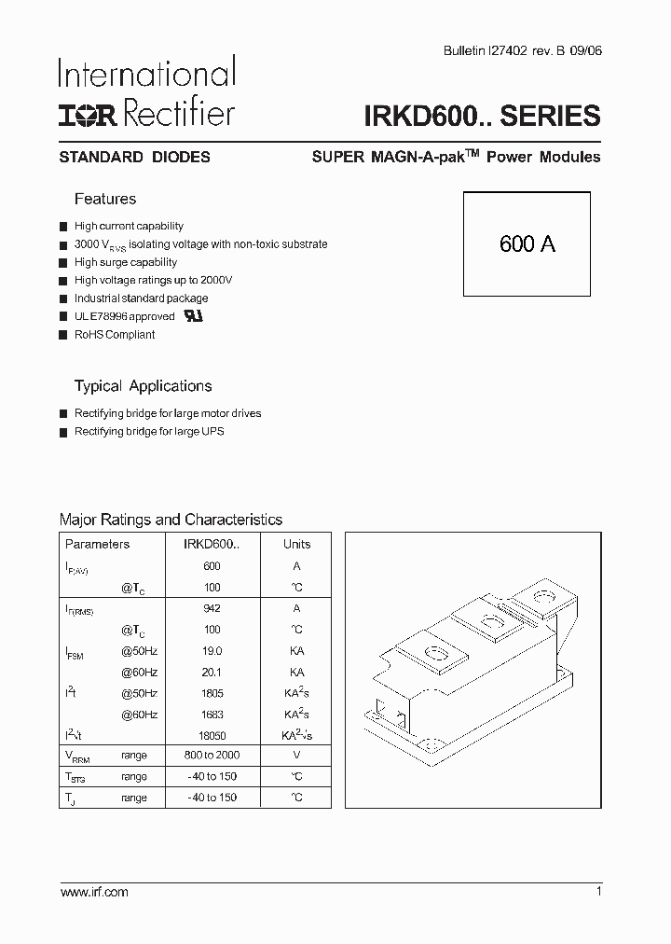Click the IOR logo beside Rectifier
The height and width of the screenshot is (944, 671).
(x=89, y=114)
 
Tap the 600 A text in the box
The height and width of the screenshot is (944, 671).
(x=527, y=244)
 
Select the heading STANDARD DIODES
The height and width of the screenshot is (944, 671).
(x=134, y=158)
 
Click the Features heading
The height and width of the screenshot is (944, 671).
(x=104, y=199)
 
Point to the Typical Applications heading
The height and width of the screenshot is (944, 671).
(x=143, y=386)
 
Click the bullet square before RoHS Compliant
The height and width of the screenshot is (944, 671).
(x=63, y=335)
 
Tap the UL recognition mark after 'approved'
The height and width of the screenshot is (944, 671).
(x=193, y=316)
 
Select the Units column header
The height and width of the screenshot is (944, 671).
(x=297, y=545)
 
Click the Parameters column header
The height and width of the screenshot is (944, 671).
(x=98, y=545)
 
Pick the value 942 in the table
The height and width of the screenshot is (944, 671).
(x=212, y=608)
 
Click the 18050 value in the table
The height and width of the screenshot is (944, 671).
(x=212, y=736)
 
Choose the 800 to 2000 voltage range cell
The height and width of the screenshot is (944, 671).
(x=212, y=756)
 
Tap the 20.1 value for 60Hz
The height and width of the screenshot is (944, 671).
(x=212, y=673)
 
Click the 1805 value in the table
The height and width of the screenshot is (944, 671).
(x=212, y=694)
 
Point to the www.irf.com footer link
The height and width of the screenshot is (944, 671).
(x=94, y=893)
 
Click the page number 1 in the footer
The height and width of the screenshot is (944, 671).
(x=598, y=893)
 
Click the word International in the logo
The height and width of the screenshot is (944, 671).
(x=147, y=74)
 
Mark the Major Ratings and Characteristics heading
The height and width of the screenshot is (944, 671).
(x=171, y=520)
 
